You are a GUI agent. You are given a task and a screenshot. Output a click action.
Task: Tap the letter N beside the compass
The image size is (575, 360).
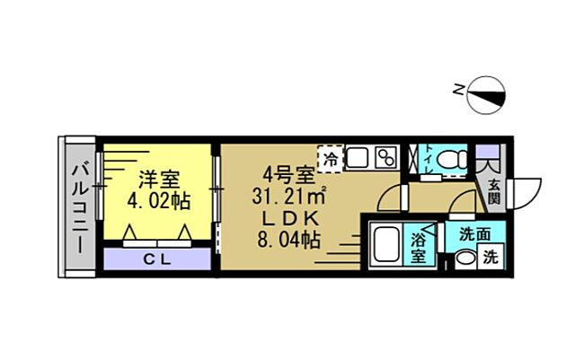pos(459,88)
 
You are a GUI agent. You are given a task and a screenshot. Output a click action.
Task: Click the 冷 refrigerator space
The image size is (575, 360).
pos(331,159)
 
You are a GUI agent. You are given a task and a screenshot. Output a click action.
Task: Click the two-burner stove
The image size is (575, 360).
pos(386,158)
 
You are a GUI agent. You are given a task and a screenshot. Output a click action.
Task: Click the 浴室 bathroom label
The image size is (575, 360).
pos(420,247)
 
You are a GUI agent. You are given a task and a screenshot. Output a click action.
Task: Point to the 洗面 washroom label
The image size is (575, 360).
pos(475,234)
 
